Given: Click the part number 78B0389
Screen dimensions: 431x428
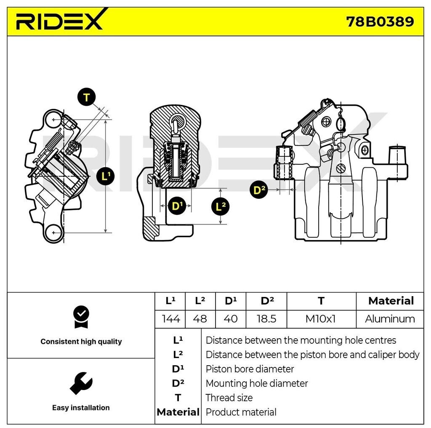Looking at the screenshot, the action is point(380,21).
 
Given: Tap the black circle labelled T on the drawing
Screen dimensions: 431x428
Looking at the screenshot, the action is point(86,98).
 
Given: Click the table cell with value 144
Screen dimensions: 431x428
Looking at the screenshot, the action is point(171,319).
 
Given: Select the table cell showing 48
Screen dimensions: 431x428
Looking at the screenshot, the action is point(200,319).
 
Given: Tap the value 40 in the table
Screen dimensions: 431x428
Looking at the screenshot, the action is point(230,319).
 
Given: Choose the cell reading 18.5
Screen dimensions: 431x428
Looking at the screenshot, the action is point(266,319).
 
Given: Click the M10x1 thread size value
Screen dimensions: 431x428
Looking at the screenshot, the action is point(321,319).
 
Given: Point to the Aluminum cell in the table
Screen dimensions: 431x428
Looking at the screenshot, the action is point(390,319).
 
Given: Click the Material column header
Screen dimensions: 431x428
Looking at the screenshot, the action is point(391,301).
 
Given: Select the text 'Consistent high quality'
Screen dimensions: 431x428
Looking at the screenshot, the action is point(81,342).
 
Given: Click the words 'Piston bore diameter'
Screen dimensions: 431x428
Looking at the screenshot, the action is point(250,369).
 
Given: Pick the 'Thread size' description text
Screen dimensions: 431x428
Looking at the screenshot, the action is point(229,398).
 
